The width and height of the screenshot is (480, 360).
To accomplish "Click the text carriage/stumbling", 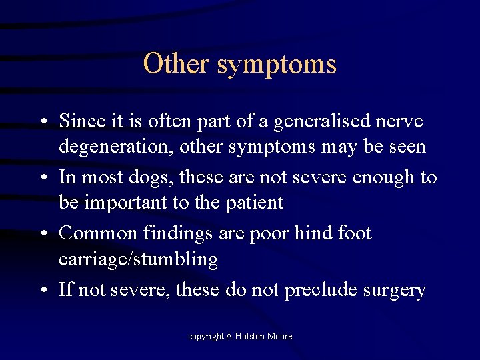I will coord(138,259).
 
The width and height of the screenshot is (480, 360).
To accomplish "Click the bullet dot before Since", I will coord(42,122).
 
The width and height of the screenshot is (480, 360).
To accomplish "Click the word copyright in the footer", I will coord(205,337).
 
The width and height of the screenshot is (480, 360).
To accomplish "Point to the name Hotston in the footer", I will coord(251,337).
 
